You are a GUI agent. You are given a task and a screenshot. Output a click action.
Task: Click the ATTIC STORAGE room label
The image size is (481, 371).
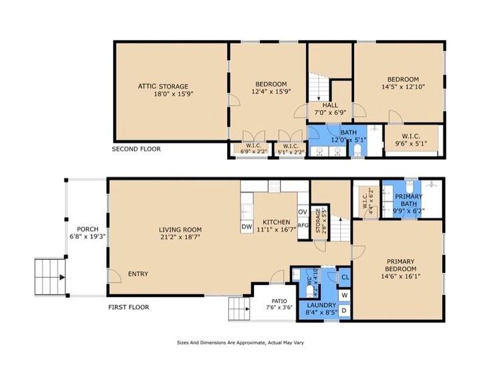point(163,86)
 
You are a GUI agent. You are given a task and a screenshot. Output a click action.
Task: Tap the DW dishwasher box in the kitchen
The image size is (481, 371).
point(247,227)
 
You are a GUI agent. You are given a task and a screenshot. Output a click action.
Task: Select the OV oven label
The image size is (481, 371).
point(302,212)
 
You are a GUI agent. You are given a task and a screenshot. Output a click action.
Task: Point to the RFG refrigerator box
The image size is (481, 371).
point(303,226)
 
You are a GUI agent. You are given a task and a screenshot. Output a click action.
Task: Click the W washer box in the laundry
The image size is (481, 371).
point(345,294)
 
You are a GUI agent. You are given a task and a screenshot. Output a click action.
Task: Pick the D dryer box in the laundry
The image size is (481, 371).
point(345,310)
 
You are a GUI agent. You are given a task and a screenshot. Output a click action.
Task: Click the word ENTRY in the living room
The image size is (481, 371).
point(138,274)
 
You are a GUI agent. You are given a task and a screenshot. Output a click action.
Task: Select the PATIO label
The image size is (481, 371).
point(279,301)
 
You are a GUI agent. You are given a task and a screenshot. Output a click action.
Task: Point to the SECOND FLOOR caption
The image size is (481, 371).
point(136,149)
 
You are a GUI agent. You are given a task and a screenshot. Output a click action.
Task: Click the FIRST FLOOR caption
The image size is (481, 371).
point(129,308)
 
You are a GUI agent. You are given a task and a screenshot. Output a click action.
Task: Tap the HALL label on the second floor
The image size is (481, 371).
point(330,105)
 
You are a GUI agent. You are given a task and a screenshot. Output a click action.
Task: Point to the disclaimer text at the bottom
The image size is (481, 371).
point(240,342)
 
